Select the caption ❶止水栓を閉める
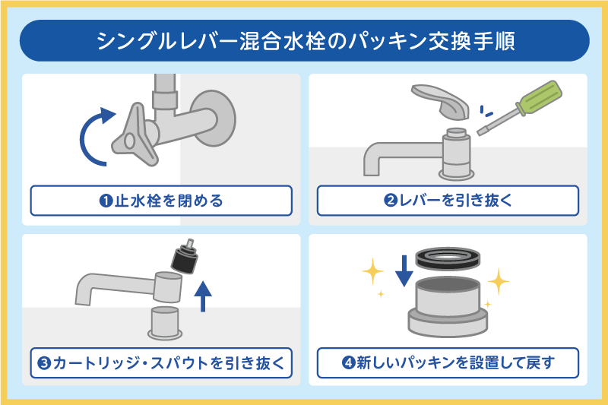pyautogui.click(x=161, y=201)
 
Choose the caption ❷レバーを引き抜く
pyautogui.click(x=448, y=201)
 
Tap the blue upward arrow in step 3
pyautogui.click(x=203, y=296)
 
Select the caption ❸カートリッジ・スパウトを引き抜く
pyautogui.click(x=161, y=362)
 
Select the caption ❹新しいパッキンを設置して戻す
pyautogui.click(x=448, y=362)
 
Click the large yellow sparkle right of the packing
pyautogui.click(x=498, y=283)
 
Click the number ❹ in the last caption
pyautogui.click(x=347, y=362)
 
